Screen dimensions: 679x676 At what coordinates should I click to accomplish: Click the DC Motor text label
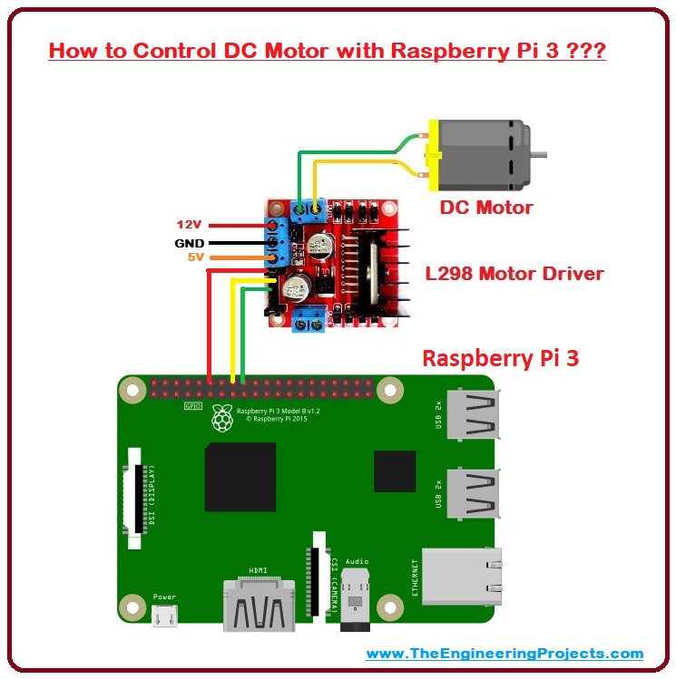click(486, 208)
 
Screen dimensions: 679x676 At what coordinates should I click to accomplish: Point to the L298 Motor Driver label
click(514, 273)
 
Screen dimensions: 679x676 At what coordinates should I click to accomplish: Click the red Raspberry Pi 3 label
click(501, 358)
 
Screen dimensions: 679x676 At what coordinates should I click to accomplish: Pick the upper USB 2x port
click(473, 418)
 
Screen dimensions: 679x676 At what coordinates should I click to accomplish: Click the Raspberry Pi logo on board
click(220, 417)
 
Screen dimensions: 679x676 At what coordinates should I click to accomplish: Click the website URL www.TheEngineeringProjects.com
click(505, 653)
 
